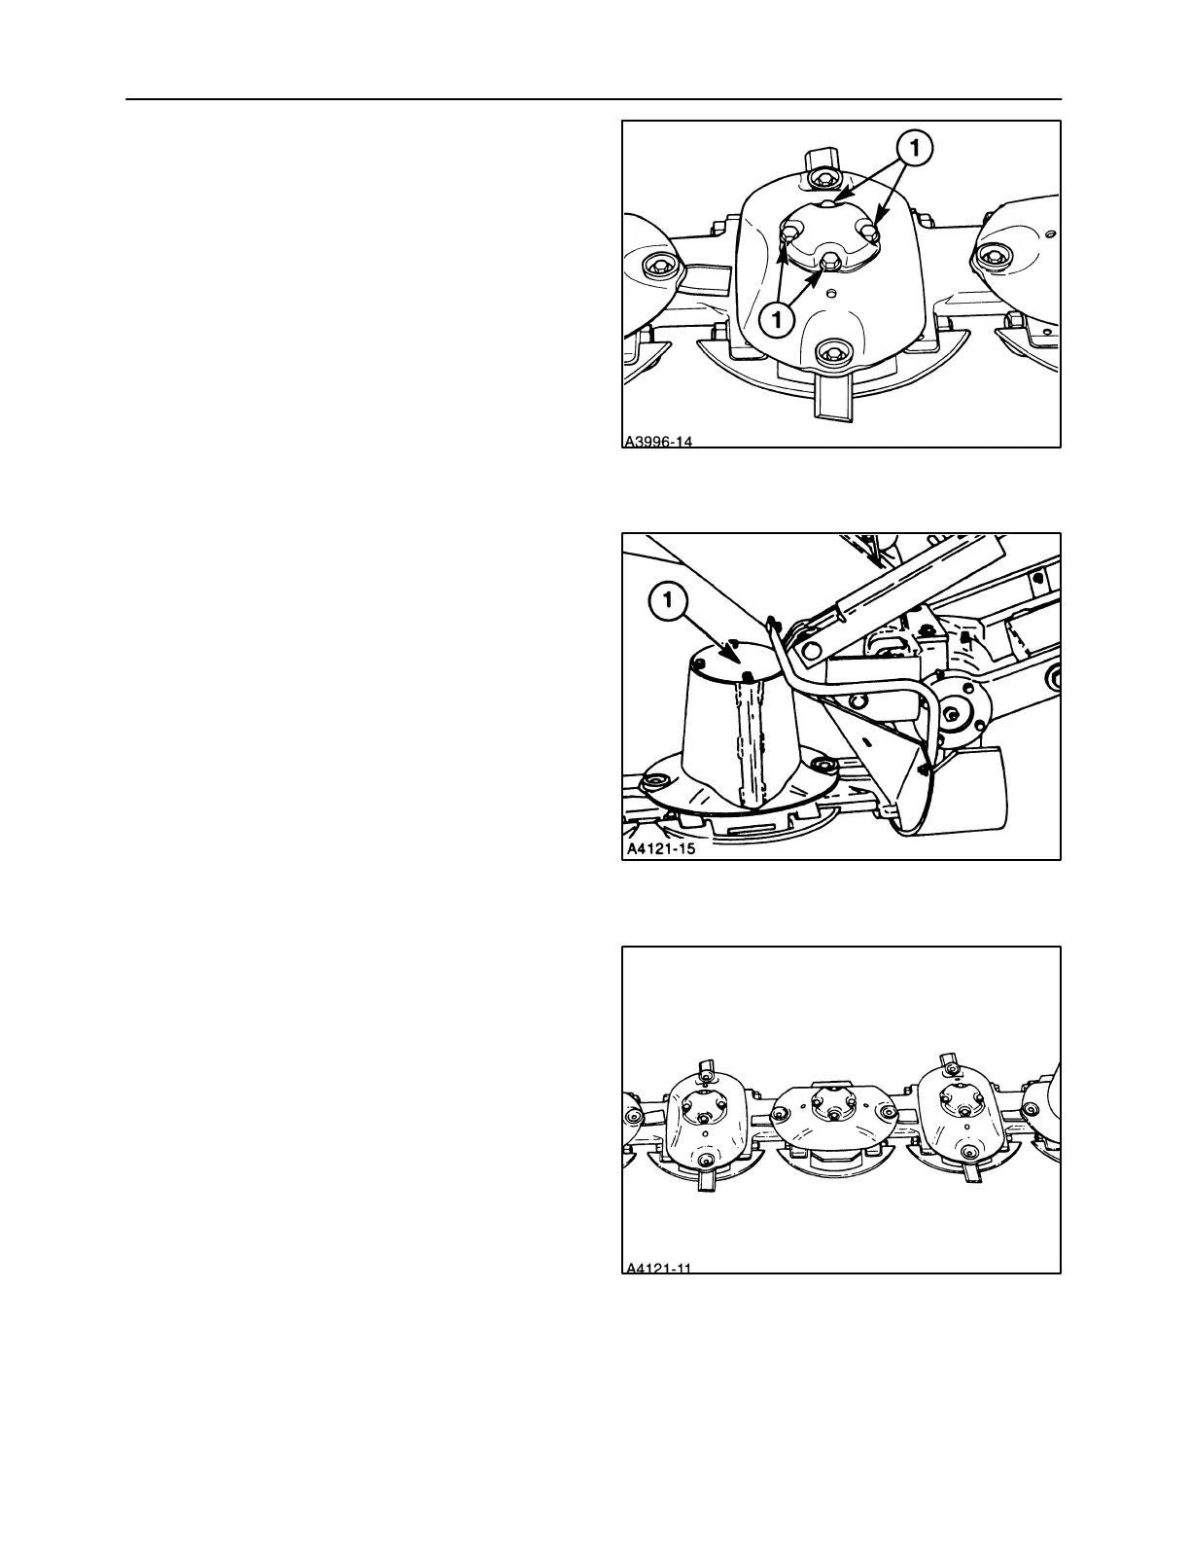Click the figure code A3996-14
[x=658, y=442]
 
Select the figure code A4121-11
[x=659, y=1267]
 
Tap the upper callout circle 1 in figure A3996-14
[x=916, y=150]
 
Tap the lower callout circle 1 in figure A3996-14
[x=779, y=318]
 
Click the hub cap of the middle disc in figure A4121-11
[x=824, y=1102]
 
